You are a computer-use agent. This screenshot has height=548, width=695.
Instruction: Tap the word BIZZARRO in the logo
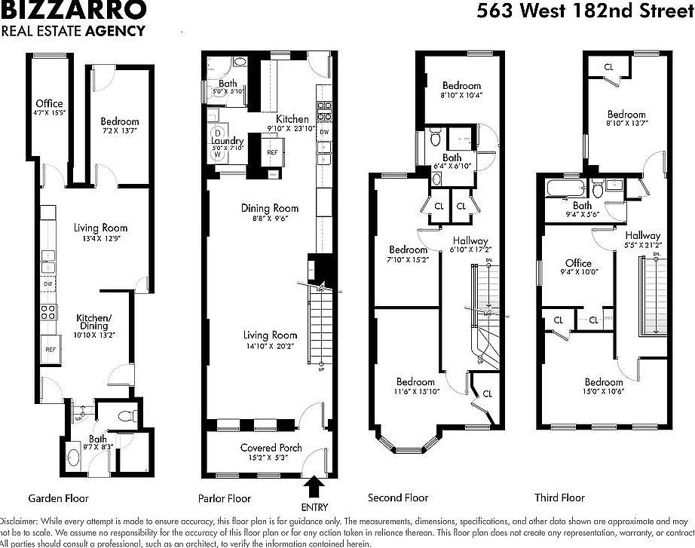click(73, 11)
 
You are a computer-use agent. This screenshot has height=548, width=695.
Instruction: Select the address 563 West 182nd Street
click(585, 11)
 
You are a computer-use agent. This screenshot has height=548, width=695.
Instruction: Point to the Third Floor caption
click(559, 498)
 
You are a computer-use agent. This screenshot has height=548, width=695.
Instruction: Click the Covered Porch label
click(271, 448)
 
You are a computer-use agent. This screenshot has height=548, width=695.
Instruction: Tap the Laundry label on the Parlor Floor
click(227, 141)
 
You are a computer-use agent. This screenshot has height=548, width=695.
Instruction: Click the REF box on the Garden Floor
click(51, 350)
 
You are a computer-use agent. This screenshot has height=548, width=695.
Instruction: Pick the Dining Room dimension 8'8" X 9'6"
click(270, 219)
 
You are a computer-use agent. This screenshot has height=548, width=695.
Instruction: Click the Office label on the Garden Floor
click(49, 103)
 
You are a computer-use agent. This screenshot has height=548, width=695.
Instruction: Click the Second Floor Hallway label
click(469, 240)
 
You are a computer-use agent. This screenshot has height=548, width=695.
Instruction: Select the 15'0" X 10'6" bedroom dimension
click(604, 391)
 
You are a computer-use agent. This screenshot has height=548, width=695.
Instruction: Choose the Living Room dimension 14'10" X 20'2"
click(270, 345)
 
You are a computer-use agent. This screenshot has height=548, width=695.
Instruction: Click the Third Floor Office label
click(578, 263)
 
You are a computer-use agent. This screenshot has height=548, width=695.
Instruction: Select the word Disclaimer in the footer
click(21, 521)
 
